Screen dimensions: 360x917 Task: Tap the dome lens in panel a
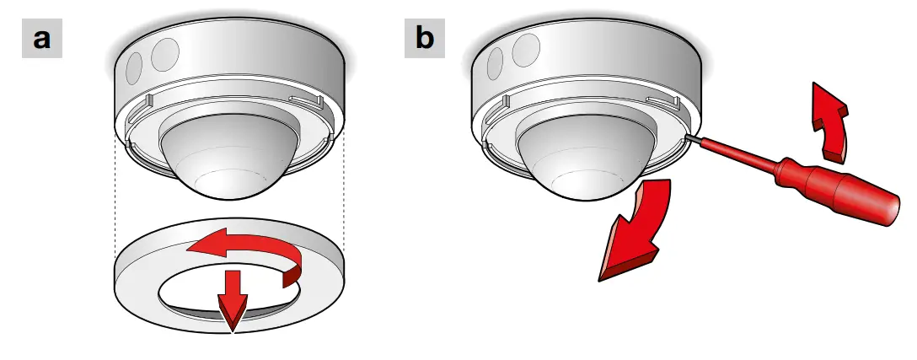click(x=226, y=156)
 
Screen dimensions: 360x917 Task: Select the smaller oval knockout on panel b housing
click(x=496, y=62)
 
